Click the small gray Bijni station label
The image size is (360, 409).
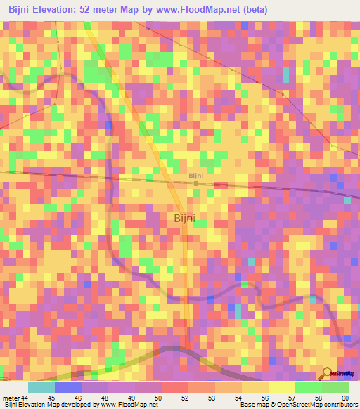pos(196,176)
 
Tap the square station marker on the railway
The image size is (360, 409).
pos(197,183)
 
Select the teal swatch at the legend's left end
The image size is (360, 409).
pos(41,387)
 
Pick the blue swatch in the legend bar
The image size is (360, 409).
pos(68,387)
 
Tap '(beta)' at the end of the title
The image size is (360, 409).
pos(267,10)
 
